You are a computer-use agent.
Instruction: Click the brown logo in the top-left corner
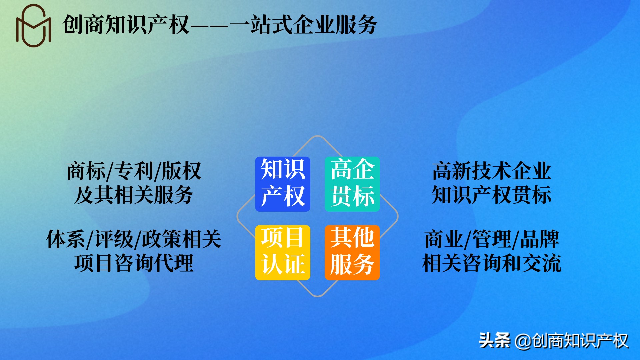point(33,26)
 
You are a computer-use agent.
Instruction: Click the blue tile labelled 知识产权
point(283,184)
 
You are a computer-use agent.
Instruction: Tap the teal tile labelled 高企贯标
point(352,184)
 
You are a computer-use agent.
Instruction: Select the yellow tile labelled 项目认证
point(283,252)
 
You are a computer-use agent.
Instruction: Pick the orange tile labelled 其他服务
point(352,252)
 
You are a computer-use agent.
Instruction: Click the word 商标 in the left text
point(86,171)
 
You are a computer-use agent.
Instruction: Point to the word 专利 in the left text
point(134,171)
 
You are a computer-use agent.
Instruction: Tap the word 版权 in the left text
point(181,171)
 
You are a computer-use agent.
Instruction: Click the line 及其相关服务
point(134,195)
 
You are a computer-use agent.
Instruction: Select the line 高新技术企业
point(492,171)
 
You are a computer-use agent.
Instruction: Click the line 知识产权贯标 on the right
point(492,195)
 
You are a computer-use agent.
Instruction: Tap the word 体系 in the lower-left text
point(66,239)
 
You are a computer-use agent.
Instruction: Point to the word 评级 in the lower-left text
point(114,239)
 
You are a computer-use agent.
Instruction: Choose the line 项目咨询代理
point(134,263)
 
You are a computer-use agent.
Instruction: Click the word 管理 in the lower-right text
point(492,239)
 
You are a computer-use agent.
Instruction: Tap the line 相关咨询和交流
point(492,263)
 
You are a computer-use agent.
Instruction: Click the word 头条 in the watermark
point(494,341)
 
